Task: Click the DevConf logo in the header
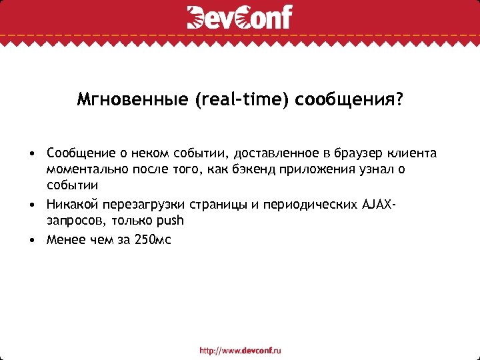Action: [239, 17]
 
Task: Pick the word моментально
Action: [82, 169]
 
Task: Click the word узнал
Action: [365, 169]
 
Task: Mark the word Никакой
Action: [69, 205]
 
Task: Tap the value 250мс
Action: [153, 240]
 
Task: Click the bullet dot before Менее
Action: [31, 240]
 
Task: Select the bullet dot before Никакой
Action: [31, 205]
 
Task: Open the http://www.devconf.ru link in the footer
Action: [241, 350]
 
